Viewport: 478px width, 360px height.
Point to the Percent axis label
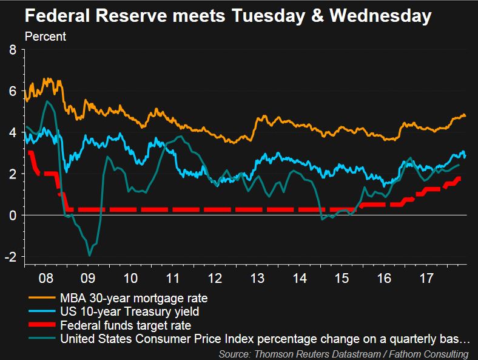(x=45, y=36)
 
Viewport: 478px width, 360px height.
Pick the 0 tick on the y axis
(x=13, y=215)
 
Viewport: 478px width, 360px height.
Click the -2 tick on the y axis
(x=10, y=256)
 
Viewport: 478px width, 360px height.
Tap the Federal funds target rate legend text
(x=125, y=325)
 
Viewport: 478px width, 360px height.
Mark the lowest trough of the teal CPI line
(x=90, y=256)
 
